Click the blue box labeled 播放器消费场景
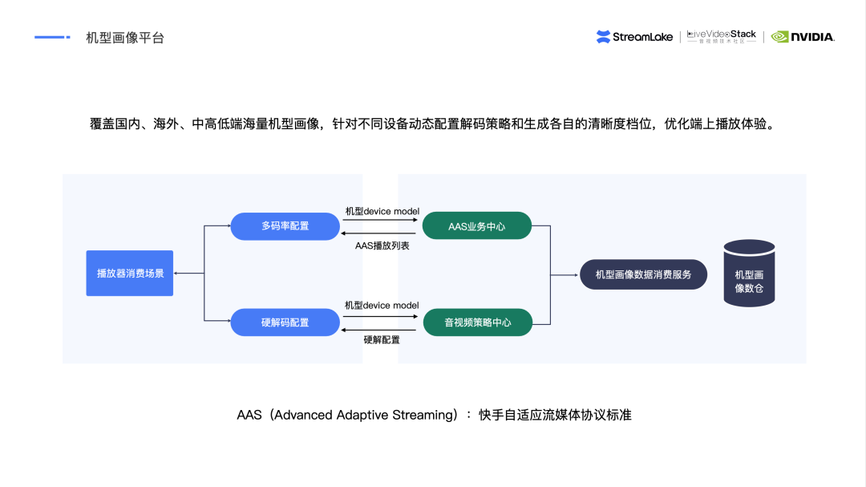point(130,274)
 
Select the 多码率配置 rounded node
point(285,226)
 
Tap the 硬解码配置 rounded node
point(285,323)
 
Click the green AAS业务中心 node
point(477,226)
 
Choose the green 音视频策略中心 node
point(477,323)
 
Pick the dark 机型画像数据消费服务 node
point(643,274)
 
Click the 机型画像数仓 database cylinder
point(749,274)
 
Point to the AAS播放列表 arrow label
point(382,246)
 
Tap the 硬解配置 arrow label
point(382,340)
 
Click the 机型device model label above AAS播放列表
point(382,211)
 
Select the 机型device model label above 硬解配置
point(382,306)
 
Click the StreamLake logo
point(636,37)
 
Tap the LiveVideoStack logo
point(722,36)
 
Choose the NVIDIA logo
point(803,37)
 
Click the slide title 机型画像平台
point(125,38)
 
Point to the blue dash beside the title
point(53,37)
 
